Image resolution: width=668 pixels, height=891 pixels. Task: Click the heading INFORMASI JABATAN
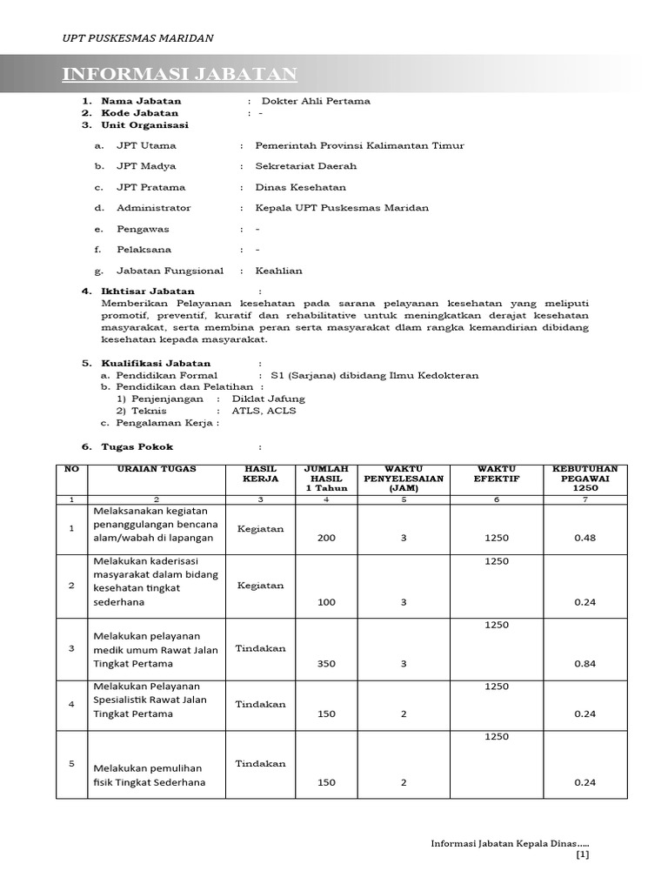(x=179, y=75)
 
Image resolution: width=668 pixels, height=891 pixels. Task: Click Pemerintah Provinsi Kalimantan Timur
(x=359, y=145)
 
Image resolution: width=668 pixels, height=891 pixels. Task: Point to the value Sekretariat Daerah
(x=305, y=166)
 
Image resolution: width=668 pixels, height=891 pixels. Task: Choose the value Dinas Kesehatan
(x=300, y=187)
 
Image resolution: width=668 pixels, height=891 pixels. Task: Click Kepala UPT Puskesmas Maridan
(x=342, y=208)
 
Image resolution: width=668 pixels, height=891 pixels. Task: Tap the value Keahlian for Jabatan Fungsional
(x=278, y=271)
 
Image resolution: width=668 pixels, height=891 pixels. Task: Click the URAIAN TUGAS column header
(x=157, y=469)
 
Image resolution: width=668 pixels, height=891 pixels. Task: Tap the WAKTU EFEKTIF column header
(x=497, y=473)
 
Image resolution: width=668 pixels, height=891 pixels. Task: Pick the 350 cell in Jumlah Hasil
(x=326, y=663)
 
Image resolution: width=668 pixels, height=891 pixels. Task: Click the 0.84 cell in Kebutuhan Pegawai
(x=584, y=663)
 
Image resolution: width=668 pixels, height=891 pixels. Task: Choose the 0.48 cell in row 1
(x=584, y=538)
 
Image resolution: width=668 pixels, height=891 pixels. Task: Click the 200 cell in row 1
(x=326, y=538)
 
